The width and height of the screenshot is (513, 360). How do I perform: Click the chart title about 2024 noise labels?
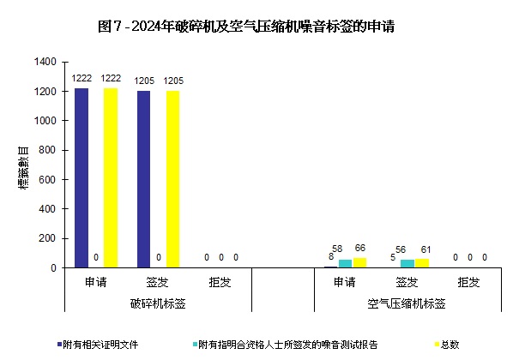(x=256, y=27)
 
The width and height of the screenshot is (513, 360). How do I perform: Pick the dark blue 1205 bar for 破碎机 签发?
(x=143, y=179)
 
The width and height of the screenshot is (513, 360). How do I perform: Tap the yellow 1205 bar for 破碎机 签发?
(x=173, y=179)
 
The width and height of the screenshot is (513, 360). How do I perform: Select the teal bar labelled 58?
(x=345, y=263)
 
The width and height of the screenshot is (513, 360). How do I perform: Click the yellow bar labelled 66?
(x=359, y=262)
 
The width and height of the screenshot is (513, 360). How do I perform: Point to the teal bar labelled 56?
(x=407, y=263)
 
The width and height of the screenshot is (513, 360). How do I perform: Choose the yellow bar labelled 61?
(x=421, y=263)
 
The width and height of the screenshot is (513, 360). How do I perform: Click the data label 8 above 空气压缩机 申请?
(x=331, y=256)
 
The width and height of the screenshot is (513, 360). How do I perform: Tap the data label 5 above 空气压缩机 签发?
(x=393, y=256)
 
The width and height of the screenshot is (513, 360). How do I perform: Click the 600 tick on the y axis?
(x=48, y=180)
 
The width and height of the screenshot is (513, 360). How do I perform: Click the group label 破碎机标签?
(x=159, y=303)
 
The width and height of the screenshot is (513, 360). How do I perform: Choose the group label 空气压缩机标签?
(x=406, y=303)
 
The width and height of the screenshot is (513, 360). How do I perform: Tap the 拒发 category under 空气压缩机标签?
(x=468, y=282)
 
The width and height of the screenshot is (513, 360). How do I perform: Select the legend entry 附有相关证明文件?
(x=99, y=345)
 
